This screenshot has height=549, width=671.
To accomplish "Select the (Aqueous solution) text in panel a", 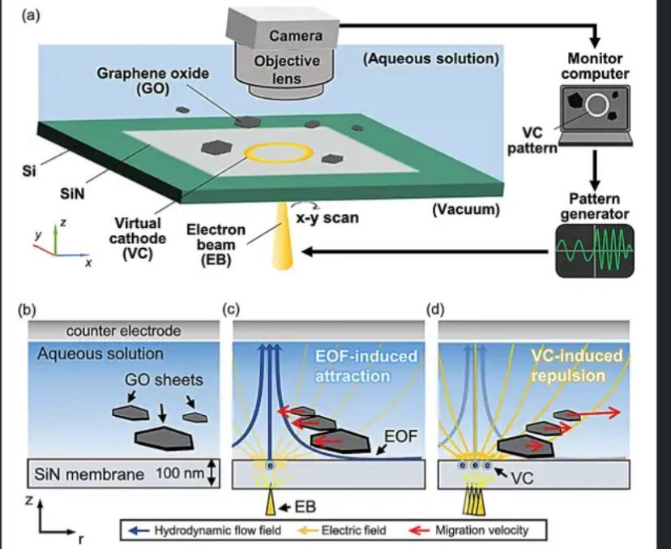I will coord(430,59).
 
